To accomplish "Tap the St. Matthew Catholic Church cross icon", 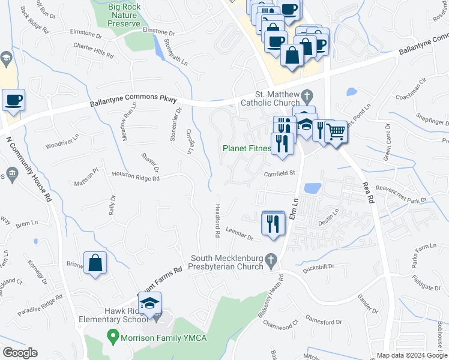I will pyautogui.click(x=307, y=95).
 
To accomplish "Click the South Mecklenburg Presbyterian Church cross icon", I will pyautogui.click(x=271, y=260).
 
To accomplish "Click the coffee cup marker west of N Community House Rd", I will pyautogui.click(x=13, y=100).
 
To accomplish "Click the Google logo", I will pyautogui.click(x=20, y=353).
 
